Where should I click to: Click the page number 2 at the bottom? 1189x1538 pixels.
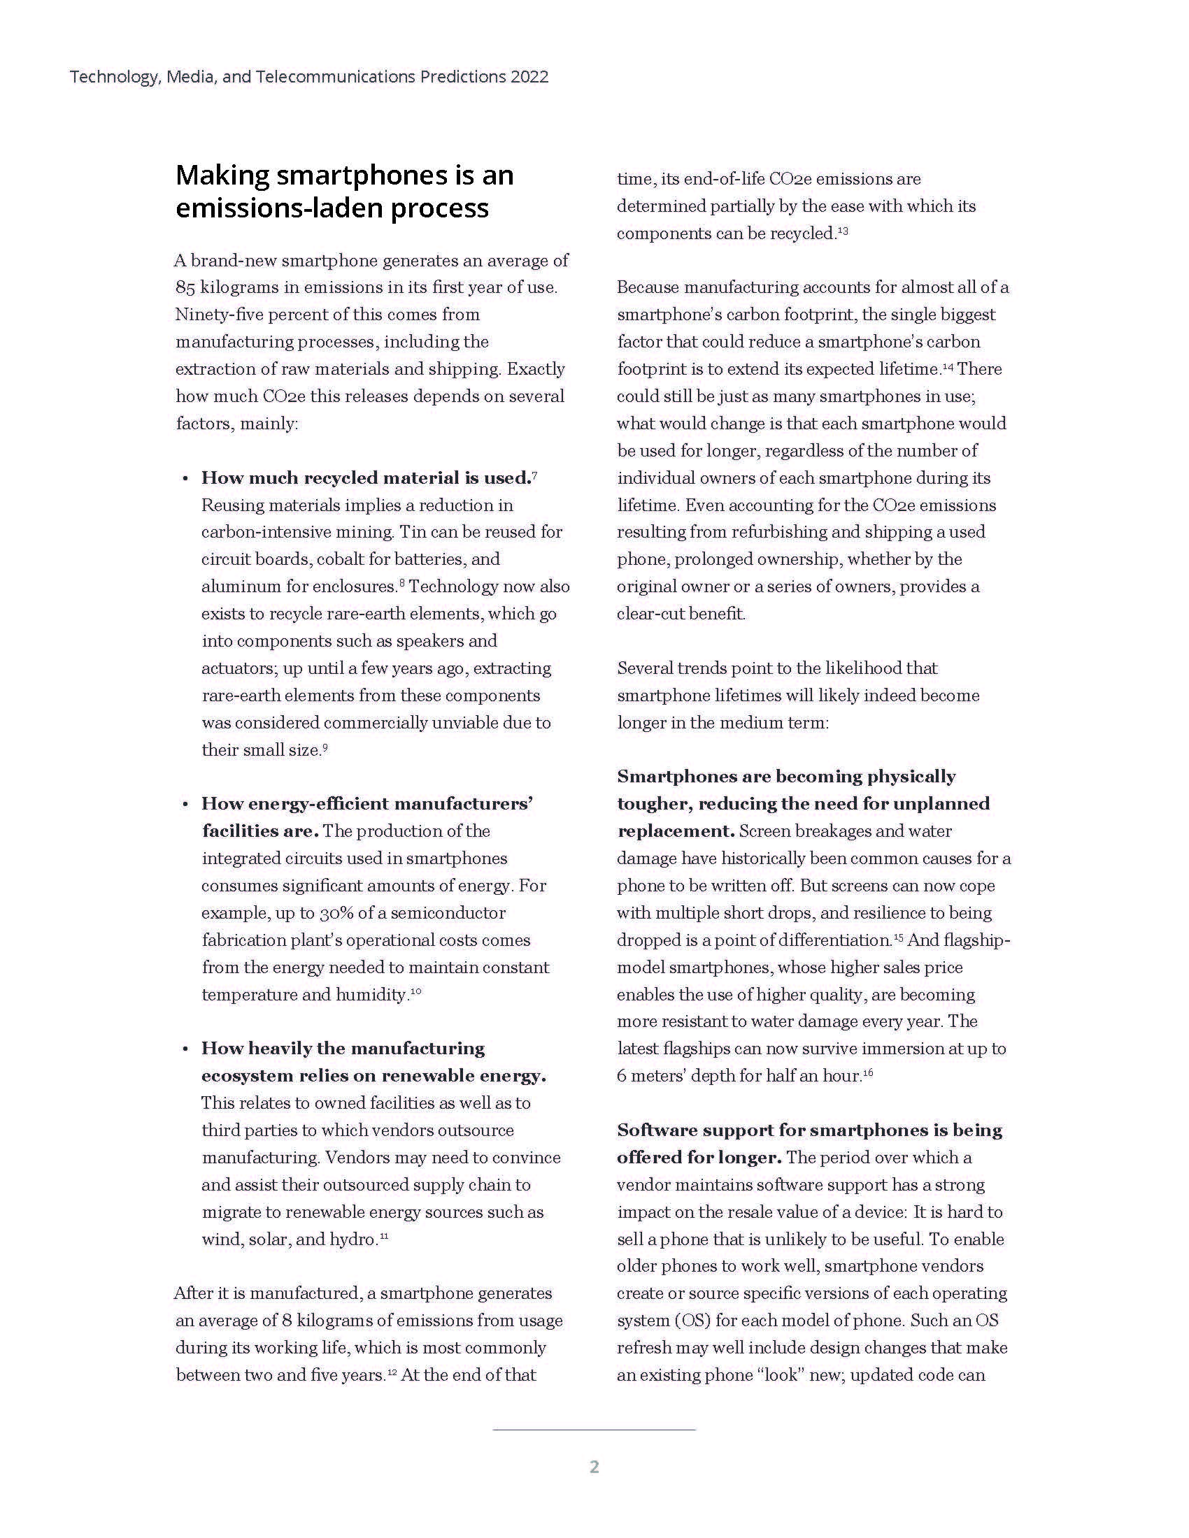coord(594,1467)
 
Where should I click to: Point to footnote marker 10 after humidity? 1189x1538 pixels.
coord(415,991)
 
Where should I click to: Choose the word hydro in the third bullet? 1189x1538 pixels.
coord(353,1239)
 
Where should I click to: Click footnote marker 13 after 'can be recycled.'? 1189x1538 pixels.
coord(843,230)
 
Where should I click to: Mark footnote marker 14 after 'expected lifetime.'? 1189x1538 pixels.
coord(948,366)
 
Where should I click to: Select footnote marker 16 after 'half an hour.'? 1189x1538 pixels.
coord(868,1072)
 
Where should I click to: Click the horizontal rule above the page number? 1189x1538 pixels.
coord(594,1430)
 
